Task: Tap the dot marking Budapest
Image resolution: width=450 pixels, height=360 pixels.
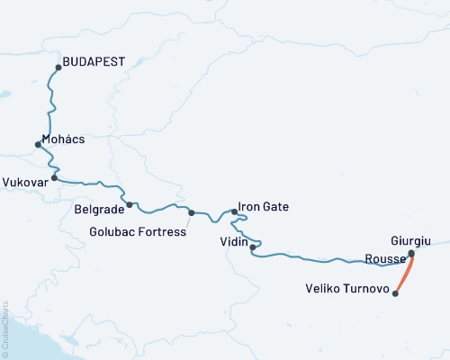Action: tap(58, 67)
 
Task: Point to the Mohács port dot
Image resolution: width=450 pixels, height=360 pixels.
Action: tap(37, 144)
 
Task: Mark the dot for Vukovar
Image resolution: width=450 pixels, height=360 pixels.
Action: tap(55, 178)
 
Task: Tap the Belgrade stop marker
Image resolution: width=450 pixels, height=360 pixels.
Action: tap(130, 205)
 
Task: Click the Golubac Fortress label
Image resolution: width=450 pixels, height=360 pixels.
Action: tap(139, 231)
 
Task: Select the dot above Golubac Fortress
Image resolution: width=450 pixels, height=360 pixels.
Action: tap(192, 213)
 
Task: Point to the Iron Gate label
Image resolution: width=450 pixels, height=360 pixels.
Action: tap(264, 207)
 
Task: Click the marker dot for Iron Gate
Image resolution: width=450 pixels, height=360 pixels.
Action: tap(235, 212)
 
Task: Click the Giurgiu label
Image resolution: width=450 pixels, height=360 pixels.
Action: tap(412, 241)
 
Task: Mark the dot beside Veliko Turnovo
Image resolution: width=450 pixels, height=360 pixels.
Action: tap(396, 292)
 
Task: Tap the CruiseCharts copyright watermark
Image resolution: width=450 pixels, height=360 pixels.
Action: tap(5, 328)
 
